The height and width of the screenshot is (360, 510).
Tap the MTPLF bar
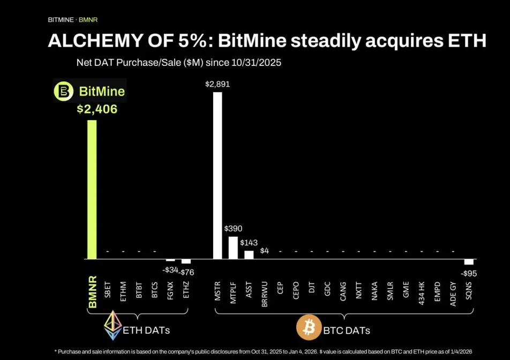pos(233,247)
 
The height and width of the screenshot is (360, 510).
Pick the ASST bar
pos(249,254)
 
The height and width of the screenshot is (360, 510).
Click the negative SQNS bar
pos(469,261)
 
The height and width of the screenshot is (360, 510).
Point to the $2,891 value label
pos(217,85)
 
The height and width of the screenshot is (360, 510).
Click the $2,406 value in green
pos(97,109)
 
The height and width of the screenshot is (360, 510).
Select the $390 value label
pos(233,229)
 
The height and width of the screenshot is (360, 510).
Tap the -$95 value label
pos(469,273)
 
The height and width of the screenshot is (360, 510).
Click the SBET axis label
pos(108,290)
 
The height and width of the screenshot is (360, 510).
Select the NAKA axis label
pos(374,291)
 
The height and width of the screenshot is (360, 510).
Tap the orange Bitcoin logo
pos(309,327)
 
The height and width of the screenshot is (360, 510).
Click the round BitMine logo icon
pos(63,92)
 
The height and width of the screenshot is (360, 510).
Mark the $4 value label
pos(265,250)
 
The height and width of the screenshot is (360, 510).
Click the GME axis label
pos(406,289)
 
